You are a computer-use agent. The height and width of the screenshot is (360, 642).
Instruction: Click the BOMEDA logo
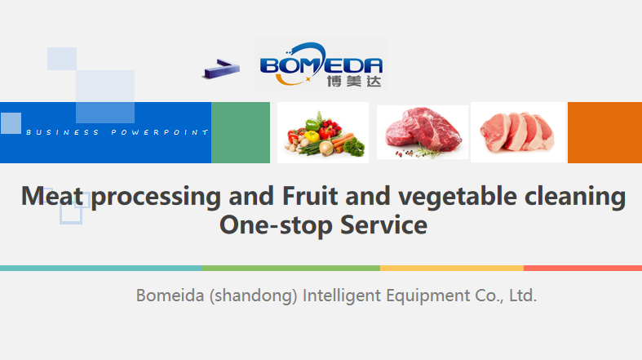click(321, 64)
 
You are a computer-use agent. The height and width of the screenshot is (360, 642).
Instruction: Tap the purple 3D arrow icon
click(221, 69)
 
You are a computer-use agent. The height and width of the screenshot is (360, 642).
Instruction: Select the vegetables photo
click(323, 133)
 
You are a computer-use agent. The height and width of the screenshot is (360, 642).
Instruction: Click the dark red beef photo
click(422, 132)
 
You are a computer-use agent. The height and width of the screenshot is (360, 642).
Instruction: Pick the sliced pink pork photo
click(518, 132)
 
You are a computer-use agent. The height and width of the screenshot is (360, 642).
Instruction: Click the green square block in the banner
click(241, 133)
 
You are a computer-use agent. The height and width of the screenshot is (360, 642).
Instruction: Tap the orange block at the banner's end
click(604, 133)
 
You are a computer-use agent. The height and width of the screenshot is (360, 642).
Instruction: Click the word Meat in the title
click(52, 196)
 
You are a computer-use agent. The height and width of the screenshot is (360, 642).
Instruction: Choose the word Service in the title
click(383, 224)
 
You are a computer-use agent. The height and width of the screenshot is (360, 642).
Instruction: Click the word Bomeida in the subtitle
click(170, 296)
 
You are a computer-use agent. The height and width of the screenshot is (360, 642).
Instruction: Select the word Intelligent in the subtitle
click(342, 296)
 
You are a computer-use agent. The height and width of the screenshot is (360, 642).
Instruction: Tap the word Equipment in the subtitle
click(428, 296)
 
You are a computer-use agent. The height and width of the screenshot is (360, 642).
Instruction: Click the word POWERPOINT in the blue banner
click(160, 132)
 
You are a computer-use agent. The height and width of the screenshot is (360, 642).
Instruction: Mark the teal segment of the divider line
click(100, 269)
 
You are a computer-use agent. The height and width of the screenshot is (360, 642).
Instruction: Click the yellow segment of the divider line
click(452, 269)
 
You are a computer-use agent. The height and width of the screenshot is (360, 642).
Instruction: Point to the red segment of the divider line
click(583, 269)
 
